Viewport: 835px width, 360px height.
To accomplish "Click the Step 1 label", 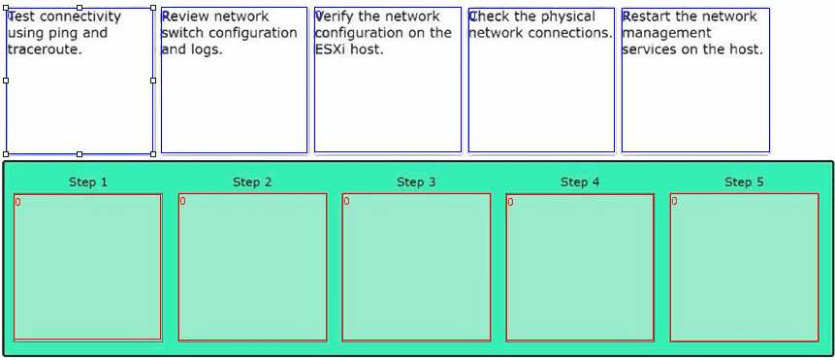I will pos(88,182).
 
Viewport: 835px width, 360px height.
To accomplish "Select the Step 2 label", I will pos(252,182).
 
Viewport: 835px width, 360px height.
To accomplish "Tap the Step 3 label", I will pos(416,182).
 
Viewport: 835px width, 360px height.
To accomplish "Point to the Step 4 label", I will pos(580,182).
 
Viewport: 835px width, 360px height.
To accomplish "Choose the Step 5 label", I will pos(744,182).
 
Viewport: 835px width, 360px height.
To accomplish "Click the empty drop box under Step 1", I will pos(87,267).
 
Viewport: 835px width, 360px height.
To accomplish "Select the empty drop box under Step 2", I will pos(252,267).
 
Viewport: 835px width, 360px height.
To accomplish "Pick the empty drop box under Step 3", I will pos(416,267).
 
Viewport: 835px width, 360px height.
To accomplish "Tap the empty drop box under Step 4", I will pos(580,267).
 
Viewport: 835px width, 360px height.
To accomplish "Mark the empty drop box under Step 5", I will pos(744,267).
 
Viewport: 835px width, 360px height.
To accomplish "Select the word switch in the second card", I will pos(181,33).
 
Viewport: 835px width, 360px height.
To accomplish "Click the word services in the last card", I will pos(651,49).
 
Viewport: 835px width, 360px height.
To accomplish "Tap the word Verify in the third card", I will pos(335,16).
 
